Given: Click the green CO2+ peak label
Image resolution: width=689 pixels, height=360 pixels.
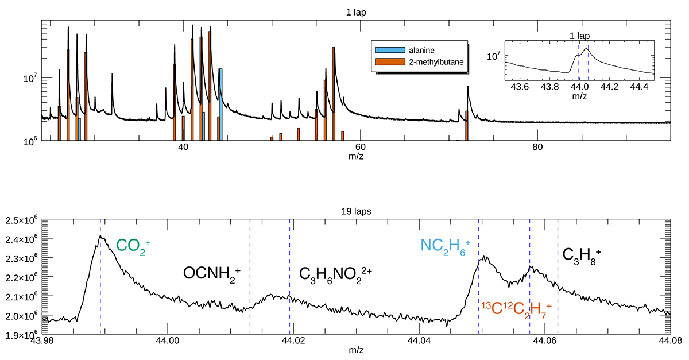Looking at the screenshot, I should [133, 246].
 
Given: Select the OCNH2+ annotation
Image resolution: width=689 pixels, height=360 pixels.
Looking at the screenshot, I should [212, 274].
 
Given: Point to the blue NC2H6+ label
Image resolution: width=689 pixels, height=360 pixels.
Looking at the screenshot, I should [446, 246].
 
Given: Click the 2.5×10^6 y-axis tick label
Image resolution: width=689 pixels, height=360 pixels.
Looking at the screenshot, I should [21, 220].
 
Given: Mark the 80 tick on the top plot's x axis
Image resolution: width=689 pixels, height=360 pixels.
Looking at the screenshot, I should [537, 147].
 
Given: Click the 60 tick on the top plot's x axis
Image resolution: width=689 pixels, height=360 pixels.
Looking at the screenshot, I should [361, 147].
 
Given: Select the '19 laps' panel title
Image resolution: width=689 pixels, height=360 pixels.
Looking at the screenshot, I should [355, 211].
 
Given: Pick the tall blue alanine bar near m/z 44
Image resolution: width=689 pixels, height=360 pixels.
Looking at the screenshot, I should [220, 104].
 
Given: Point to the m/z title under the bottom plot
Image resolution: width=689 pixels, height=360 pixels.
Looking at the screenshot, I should [355, 350].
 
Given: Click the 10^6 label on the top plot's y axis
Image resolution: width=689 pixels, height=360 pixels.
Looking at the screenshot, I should [28, 141].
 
